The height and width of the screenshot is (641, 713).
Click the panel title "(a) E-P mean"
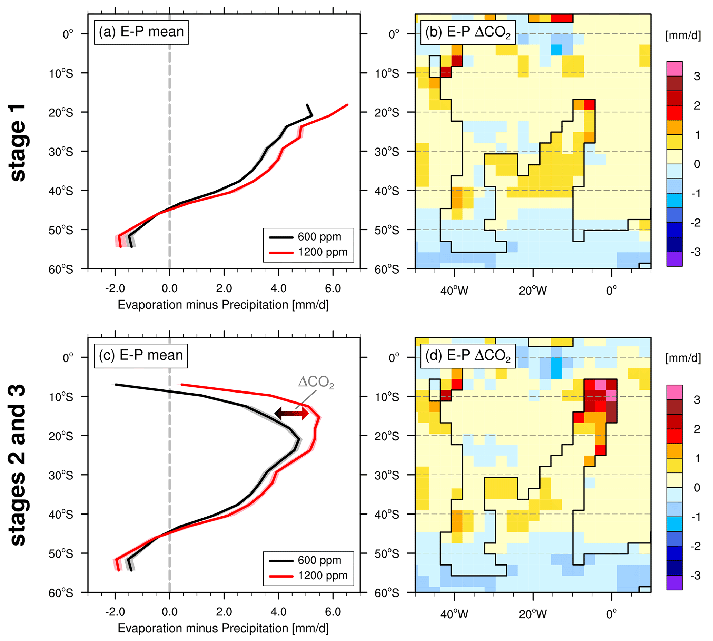(141, 32)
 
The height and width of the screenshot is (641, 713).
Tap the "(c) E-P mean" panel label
(141, 355)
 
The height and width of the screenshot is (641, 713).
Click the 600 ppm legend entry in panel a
(305, 237)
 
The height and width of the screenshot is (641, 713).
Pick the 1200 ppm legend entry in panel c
(308, 576)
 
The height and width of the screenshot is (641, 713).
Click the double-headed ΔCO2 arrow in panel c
(291, 413)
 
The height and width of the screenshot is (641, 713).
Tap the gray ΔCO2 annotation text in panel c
(316, 383)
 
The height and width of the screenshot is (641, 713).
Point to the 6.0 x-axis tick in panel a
(333, 289)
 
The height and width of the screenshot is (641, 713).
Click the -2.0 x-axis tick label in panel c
(115, 612)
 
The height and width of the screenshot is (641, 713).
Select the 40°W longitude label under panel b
(454, 291)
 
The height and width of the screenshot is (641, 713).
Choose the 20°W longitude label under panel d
(533, 614)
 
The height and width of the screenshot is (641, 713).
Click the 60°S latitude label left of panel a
(61, 270)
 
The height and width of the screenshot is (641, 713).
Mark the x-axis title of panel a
(223, 305)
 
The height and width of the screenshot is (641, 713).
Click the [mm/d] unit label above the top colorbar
(683, 35)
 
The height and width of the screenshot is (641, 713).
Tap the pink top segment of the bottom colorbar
(674, 391)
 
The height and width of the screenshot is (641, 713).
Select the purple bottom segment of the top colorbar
(674, 259)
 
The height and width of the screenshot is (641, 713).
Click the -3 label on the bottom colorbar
(695, 576)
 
